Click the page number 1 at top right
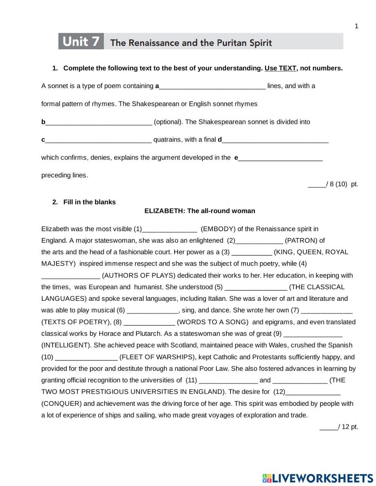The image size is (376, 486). [x=356, y=26]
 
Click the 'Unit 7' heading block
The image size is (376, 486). [x=81, y=41]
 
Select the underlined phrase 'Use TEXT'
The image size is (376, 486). [x=280, y=68]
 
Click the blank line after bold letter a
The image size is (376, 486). [x=212, y=86]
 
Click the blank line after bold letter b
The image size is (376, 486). [x=99, y=122]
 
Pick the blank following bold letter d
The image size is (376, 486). [x=275, y=140]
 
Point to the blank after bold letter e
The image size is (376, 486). [x=280, y=158]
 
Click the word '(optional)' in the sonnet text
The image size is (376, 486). [x=168, y=122]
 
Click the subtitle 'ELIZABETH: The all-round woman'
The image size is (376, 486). [x=200, y=211]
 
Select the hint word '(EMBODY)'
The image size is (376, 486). [x=218, y=229]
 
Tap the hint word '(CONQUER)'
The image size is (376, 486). [x=61, y=404]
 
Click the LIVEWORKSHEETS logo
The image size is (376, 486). [x=318, y=478]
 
